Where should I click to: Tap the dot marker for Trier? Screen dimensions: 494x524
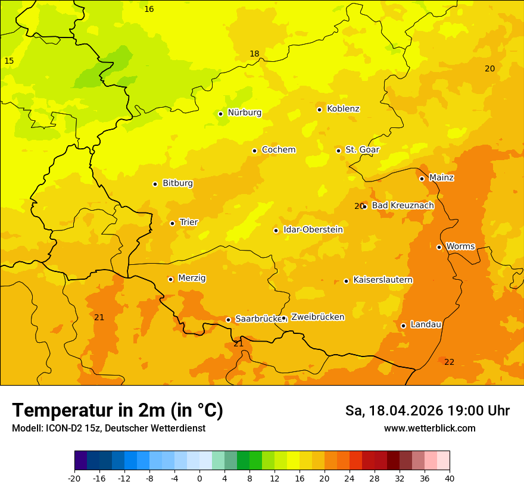[173, 223]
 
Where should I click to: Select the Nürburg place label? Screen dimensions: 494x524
[244, 112]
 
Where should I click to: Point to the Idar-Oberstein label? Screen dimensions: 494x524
[313, 230]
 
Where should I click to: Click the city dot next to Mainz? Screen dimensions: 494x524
[422, 179]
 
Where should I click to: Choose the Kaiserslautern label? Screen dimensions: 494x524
[383, 280]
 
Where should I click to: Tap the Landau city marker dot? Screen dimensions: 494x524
[404, 326]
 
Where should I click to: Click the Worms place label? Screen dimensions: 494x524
[460, 246]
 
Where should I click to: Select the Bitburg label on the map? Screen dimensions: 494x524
[177, 183]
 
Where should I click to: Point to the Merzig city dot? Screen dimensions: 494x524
[171, 279]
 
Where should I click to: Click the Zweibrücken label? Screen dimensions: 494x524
[317, 317]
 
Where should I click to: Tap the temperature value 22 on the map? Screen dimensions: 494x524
[449, 362]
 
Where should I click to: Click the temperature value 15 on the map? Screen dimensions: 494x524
[9, 61]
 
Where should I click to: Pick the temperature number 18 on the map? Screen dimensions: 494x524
[254, 54]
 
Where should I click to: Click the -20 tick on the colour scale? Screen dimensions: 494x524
[74, 478]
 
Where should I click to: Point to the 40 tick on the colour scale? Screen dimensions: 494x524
[450, 478]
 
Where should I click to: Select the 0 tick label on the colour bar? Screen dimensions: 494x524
[199, 478]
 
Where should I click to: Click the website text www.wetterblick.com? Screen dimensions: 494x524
[429, 429]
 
